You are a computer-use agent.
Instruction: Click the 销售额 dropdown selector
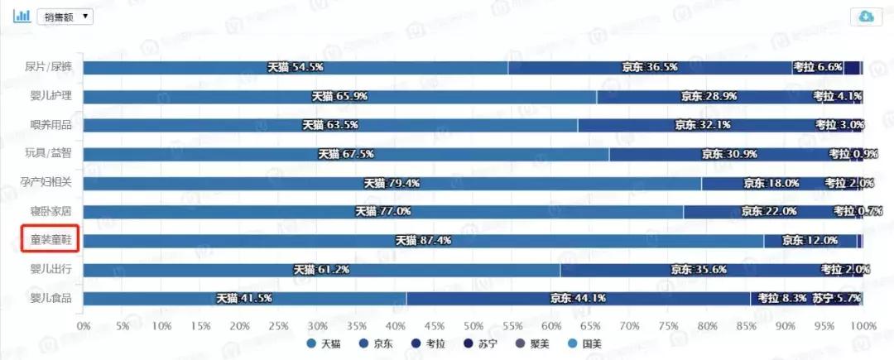(x=65, y=16)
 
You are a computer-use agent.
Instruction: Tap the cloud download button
(x=867, y=17)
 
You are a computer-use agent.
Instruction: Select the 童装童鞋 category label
(x=50, y=240)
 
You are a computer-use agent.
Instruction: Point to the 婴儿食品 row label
(x=51, y=298)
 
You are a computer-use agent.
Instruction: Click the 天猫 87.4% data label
(x=422, y=241)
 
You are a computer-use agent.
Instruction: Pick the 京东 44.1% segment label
(x=578, y=299)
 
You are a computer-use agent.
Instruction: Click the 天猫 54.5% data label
(x=295, y=68)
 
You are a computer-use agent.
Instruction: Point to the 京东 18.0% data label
(x=771, y=183)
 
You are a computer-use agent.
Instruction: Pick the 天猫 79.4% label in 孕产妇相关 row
(x=392, y=183)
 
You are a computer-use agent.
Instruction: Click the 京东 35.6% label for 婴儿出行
(x=698, y=270)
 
